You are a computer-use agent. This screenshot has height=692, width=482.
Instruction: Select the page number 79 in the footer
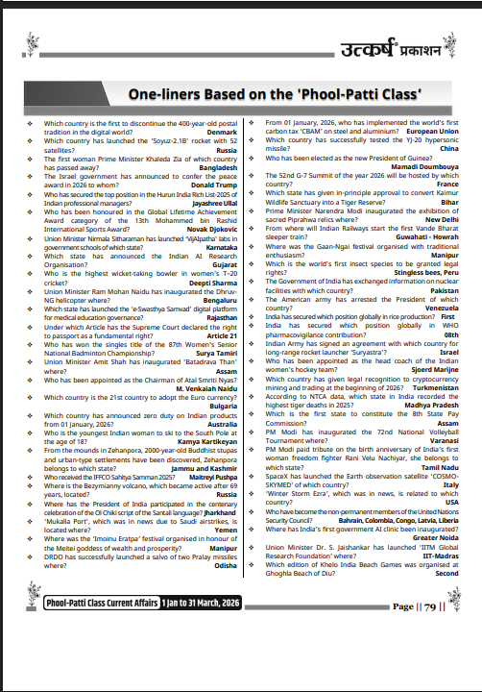(428, 606)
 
